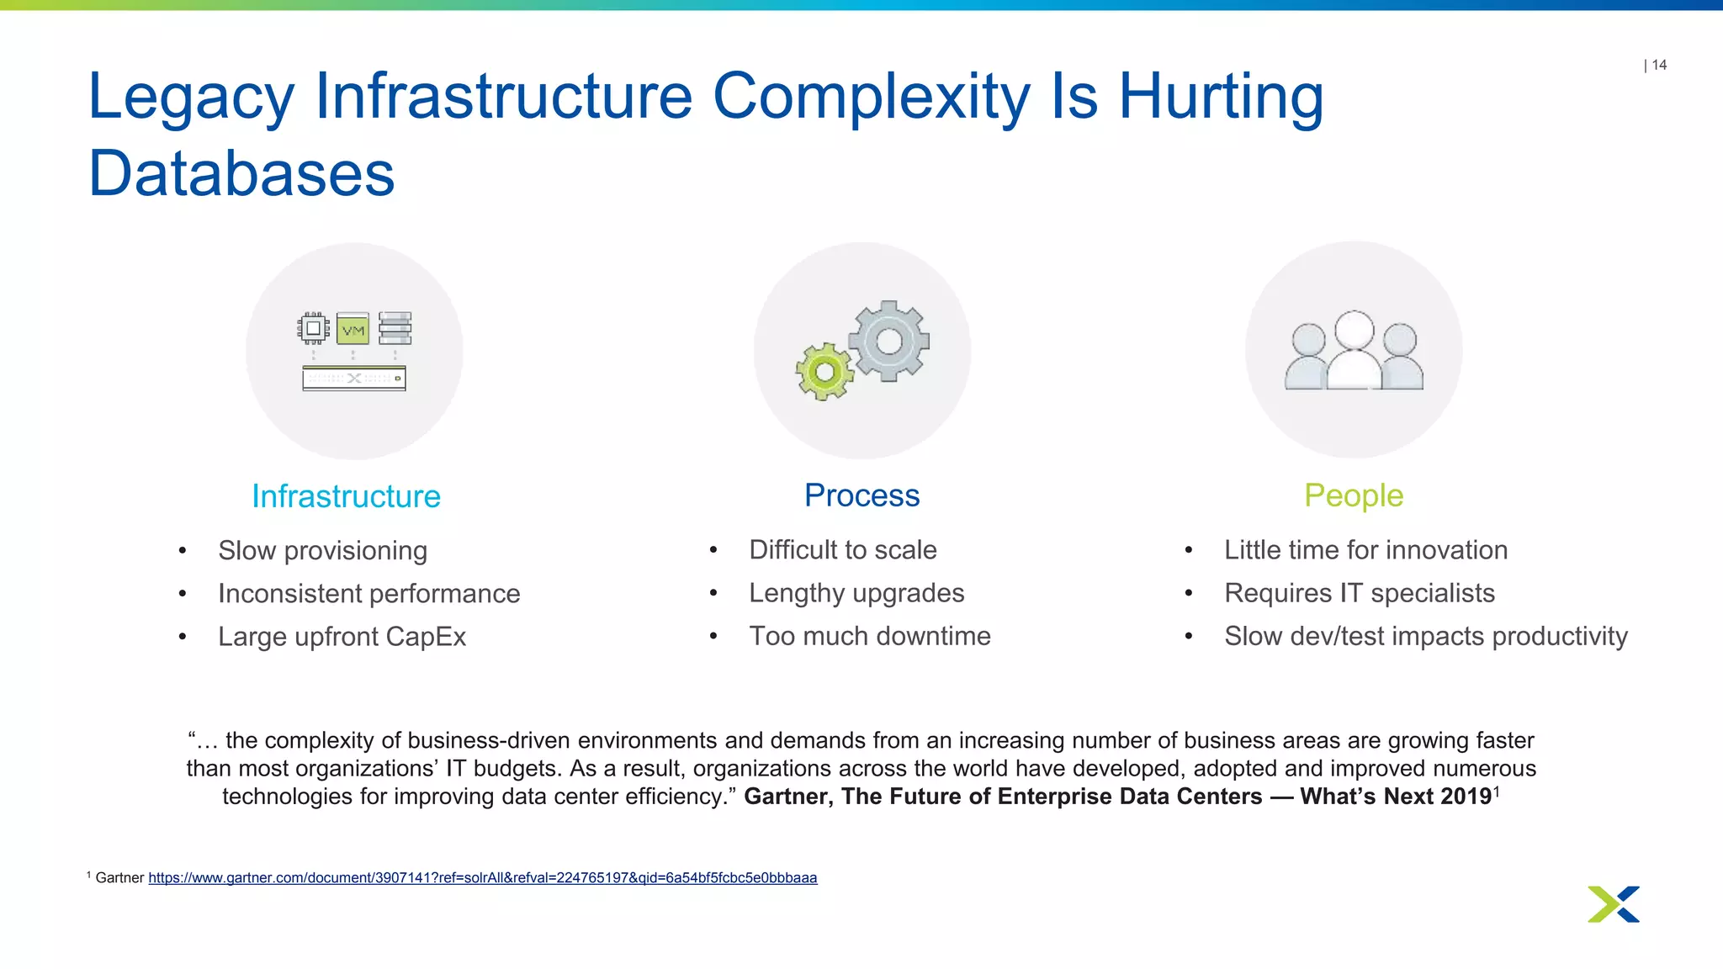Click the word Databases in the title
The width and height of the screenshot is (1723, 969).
pos(241,174)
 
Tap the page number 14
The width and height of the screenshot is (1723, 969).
pos(1659,65)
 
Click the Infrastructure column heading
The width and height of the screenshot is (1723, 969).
pos(346,496)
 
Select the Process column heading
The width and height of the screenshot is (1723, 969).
pos(861,495)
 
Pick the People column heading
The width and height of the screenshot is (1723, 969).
pos(1353,495)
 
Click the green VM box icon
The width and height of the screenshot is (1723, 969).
pos(353,329)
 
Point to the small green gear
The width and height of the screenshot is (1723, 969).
pos(824,372)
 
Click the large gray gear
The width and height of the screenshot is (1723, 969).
pos(888,341)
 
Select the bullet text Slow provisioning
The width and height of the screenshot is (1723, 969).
pos(322,550)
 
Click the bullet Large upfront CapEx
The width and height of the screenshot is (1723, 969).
pos(342,637)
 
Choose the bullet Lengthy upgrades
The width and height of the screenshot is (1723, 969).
pos(856,593)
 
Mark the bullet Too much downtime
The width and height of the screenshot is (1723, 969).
pos(870,636)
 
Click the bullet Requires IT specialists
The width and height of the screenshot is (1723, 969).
pos(1359,593)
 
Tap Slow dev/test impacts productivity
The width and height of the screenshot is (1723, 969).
pos(1425,636)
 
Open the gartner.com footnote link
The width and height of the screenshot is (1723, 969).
pos(482,878)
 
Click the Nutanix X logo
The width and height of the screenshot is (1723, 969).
pos(1613,904)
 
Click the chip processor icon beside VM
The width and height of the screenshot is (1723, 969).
pos(313,328)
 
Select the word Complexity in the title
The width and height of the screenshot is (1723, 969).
pos(872,97)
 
